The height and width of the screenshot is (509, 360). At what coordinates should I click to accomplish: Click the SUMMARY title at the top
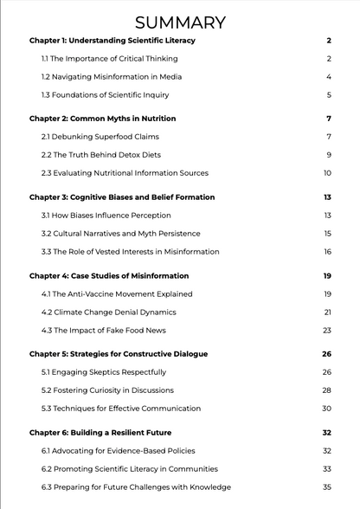180,23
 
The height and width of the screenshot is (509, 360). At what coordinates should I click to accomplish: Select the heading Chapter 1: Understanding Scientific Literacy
112,41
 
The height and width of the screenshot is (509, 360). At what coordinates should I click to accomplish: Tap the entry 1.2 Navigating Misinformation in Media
112,77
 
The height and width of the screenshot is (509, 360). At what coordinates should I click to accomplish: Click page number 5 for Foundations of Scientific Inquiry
329,95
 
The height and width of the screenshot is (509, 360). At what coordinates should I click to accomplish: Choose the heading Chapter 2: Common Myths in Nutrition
102,119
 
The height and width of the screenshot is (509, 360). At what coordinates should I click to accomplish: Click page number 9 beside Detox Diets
329,155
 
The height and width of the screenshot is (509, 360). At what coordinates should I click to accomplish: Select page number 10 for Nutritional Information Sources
327,173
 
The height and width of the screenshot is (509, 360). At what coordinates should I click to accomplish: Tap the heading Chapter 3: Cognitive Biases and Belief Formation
122,197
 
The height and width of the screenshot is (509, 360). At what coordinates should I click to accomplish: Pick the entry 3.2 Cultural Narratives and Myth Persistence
120,234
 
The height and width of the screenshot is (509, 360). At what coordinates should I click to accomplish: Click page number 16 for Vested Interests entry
327,252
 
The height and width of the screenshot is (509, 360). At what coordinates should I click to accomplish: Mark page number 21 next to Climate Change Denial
327,312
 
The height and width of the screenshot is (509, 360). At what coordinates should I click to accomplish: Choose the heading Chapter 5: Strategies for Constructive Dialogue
119,354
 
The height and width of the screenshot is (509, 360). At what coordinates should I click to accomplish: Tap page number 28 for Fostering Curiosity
326,390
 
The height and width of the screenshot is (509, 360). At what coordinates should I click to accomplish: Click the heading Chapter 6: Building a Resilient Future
100,432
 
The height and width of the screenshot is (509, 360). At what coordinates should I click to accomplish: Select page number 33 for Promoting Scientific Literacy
326,469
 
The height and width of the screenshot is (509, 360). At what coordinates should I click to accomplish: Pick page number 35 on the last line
326,487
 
